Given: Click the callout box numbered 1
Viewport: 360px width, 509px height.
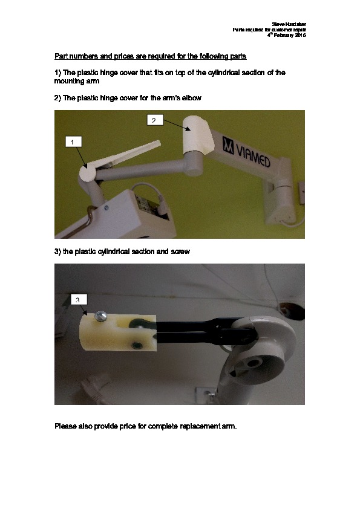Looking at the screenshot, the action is [x=73, y=142].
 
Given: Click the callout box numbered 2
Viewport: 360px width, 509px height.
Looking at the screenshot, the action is [x=155, y=120].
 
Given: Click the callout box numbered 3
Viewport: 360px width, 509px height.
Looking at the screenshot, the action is [x=79, y=299].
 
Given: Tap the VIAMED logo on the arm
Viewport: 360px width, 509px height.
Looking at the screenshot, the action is [x=246, y=152].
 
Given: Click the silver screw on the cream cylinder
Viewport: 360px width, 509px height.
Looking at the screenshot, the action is [x=100, y=316].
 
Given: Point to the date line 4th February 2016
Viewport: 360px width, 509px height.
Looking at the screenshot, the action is [x=287, y=35].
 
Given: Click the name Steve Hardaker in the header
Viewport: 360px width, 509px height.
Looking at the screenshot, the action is [x=289, y=24].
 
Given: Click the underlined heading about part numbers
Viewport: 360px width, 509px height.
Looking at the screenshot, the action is [x=151, y=56].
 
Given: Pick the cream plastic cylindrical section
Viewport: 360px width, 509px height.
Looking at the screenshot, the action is [x=117, y=332].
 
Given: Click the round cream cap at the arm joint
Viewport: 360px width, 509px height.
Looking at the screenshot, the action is [x=88, y=172].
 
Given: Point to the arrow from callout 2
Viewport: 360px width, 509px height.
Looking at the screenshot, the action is [x=177, y=125].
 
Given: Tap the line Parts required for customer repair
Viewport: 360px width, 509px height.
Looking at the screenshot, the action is [x=269, y=30].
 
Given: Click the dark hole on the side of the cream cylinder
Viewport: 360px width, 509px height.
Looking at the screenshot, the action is [x=136, y=345].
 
